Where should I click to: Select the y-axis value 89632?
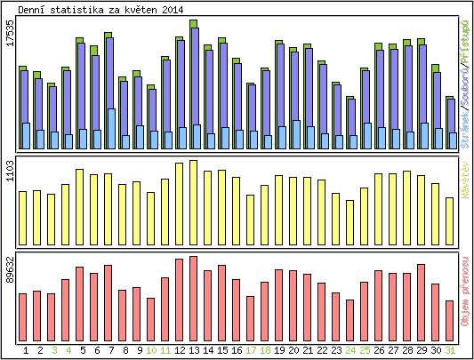point(10,268)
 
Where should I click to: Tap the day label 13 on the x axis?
point(194,350)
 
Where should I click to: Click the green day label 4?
point(68,350)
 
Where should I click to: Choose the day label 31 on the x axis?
point(450,350)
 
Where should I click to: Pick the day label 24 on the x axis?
point(350,350)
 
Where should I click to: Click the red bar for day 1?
point(23,312)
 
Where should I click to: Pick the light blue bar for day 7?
point(111,129)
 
